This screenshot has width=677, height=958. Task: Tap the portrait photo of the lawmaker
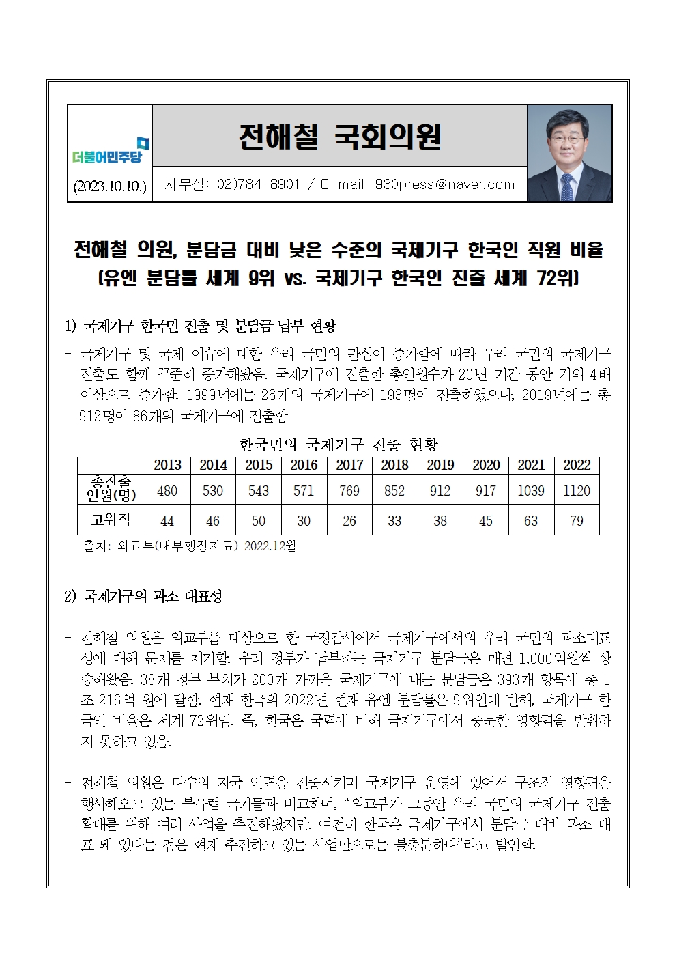pyautogui.click(x=569, y=153)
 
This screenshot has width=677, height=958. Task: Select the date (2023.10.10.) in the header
pyautogui.click(x=110, y=186)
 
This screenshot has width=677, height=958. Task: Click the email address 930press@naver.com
pyautogui.click(x=444, y=184)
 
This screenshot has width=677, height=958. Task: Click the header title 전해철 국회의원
pyautogui.click(x=339, y=137)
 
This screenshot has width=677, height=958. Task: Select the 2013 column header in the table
pyautogui.click(x=167, y=465)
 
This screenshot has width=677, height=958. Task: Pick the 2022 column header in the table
pyautogui.click(x=577, y=465)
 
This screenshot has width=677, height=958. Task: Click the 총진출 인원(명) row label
pyautogui.click(x=111, y=489)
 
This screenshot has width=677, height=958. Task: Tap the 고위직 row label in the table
pyautogui.click(x=111, y=520)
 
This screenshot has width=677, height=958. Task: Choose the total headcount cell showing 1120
pyautogui.click(x=577, y=490)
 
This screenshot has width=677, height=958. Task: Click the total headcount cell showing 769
pyautogui.click(x=349, y=490)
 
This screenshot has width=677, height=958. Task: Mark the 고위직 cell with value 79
pyautogui.click(x=577, y=520)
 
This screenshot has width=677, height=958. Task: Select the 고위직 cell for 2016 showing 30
pyautogui.click(x=304, y=520)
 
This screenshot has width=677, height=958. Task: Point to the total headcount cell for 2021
pyautogui.click(x=531, y=490)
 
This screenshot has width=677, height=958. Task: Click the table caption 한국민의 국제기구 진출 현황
pyautogui.click(x=338, y=445)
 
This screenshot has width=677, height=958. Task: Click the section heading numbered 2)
pyautogui.click(x=143, y=596)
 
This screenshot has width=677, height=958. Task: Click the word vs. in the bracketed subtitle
pyautogui.click(x=293, y=279)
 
